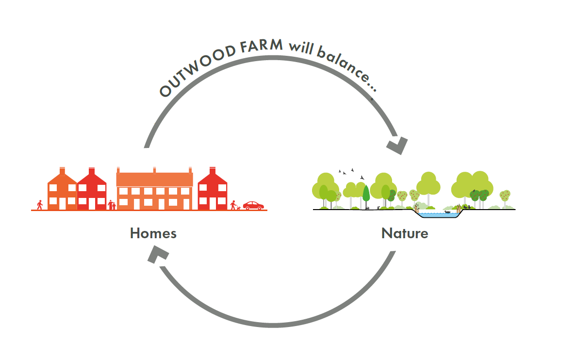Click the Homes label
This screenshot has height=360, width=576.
click(x=153, y=233)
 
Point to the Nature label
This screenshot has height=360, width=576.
click(x=405, y=233)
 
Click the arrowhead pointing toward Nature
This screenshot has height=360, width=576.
click(x=396, y=145)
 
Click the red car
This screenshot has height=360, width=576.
click(x=253, y=205)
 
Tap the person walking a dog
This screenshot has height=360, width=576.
click(x=234, y=205)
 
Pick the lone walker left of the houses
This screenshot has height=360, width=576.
click(x=40, y=205)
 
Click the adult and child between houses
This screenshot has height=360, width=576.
click(x=112, y=205)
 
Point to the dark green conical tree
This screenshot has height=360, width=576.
click(x=366, y=194)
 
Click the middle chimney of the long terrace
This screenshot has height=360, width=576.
click(x=154, y=170)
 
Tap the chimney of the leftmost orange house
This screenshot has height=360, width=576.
click(x=62, y=171)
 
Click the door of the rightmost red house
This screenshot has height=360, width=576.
click(x=212, y=204)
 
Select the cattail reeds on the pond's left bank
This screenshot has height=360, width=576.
click(x=417, y=208)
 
